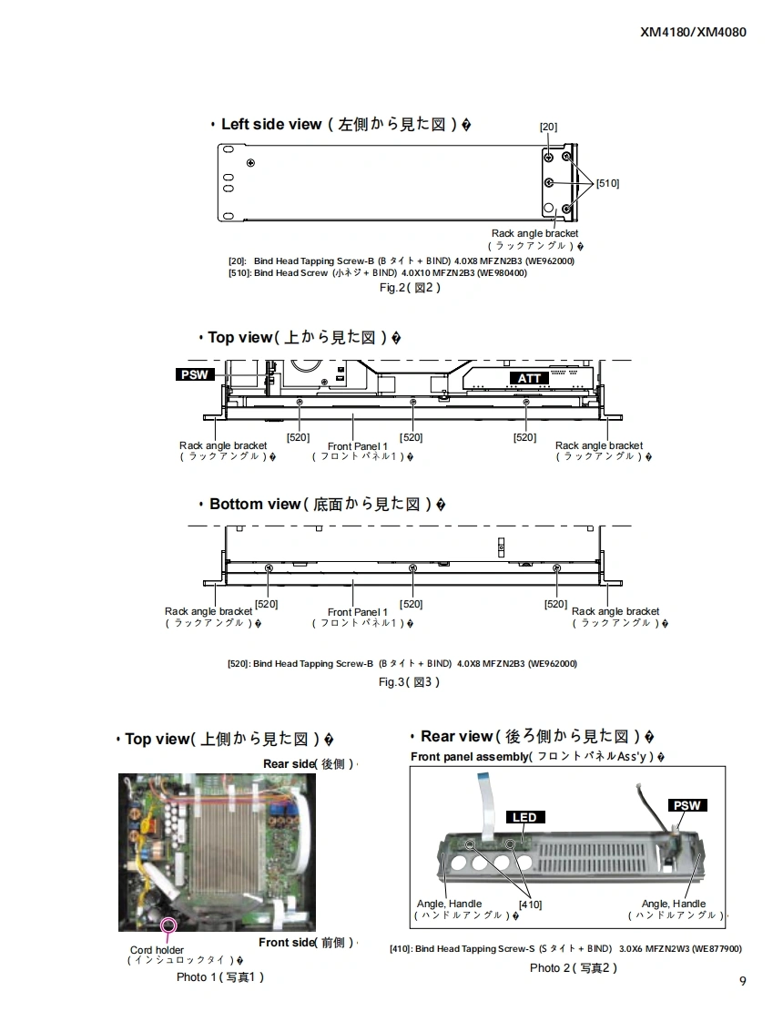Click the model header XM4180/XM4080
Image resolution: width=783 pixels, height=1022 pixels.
tap(693, 32)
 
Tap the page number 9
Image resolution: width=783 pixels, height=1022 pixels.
tap(743, 981)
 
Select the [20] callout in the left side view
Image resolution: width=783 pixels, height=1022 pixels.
tap(548, 127)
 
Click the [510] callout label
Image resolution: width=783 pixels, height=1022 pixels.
tap(607, 183)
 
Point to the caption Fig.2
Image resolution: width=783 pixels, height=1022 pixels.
tap(410, 287)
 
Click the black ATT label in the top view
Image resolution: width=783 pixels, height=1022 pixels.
tap(529, 378)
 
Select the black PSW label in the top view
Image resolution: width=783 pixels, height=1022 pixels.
tap(194, 374)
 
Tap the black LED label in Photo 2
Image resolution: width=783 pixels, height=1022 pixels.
tap(524, 817)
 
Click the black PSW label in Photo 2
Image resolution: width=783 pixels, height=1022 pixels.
tap(687, 805)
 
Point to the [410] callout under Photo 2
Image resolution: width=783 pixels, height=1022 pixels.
tap(530, 904)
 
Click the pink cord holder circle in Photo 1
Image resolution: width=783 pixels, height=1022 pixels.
tap(168, 926)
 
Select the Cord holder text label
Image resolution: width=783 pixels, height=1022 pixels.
tap(157, 950)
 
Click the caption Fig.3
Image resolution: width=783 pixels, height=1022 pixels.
tap(410, 682)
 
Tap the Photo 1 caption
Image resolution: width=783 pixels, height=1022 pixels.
tap(220, 977)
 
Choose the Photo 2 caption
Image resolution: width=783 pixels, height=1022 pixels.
tap(574, 967)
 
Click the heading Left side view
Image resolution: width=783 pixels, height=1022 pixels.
tap(271, 124)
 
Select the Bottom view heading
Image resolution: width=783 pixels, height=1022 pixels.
tap(254, 504)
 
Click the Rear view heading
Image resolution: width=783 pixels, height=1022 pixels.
tap(456, 736)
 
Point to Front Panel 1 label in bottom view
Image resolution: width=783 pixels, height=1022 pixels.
tap(357, 612)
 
